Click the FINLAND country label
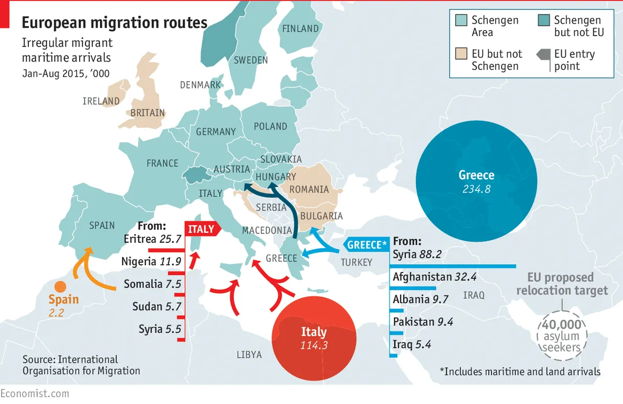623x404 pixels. [300, 29]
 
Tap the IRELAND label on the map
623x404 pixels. [101, 101]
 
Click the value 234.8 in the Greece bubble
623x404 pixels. [476, 189]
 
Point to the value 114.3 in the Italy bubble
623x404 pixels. [314, 345]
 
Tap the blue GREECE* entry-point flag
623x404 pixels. [366, 244]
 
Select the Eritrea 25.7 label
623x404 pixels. [152, 239]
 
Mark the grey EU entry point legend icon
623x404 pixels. [543, 54]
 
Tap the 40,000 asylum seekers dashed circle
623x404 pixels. [561, 335]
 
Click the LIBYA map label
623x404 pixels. [249, 355]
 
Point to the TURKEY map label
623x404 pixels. [357, 262]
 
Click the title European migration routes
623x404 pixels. [114, 23]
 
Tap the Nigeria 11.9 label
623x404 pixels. [151, 261]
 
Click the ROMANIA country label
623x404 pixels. [309, 189]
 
